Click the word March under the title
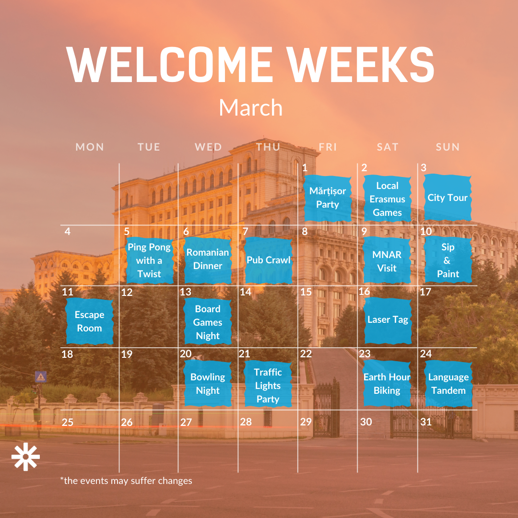251,107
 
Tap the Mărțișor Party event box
328,198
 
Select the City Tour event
447,198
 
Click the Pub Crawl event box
268,260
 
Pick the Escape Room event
90,321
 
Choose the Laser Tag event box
388,320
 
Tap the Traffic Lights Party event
268,384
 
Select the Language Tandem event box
448,384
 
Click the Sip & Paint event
448,260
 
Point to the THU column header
268,147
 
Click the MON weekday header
90,147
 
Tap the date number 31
426,422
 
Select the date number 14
246,292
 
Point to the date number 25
68,422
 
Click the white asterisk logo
25,457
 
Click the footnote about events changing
126,481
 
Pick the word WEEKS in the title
360,64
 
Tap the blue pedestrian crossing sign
41,377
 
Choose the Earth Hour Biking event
387,384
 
